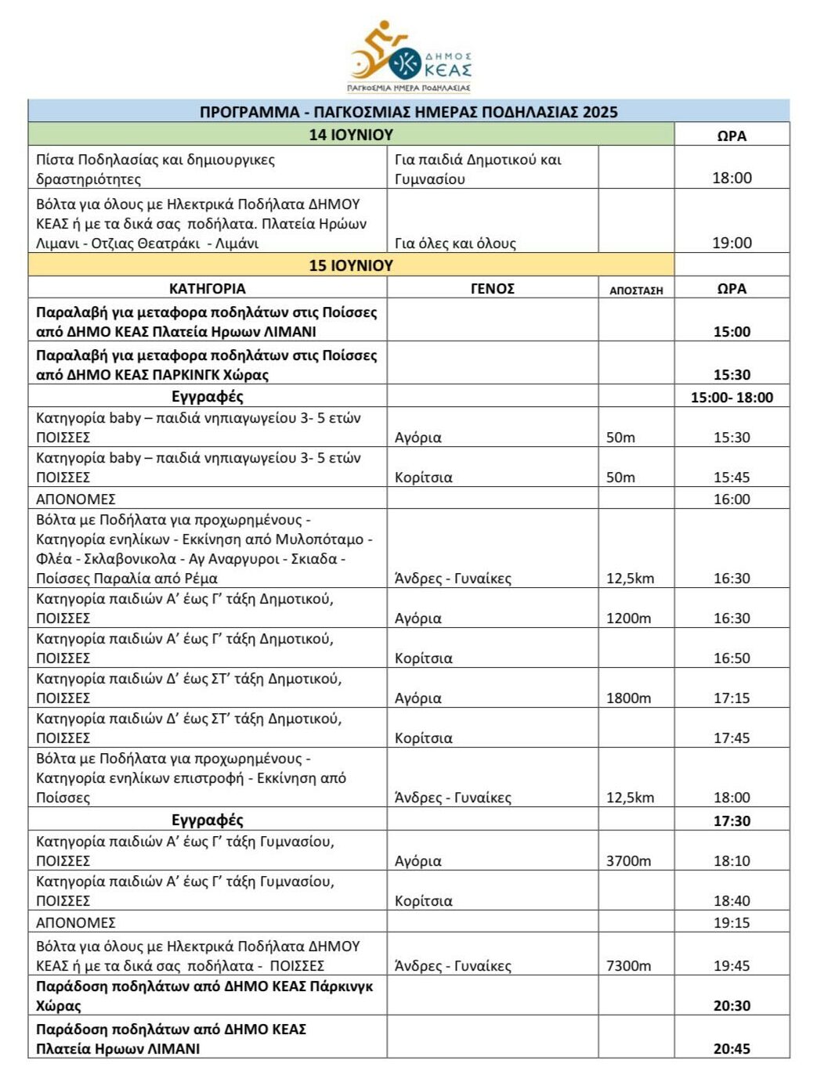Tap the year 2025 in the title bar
point(600,112)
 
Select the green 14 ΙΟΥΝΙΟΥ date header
point(351,135)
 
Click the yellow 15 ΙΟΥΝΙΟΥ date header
point(351,265)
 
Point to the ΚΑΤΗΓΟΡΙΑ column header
point(208,289)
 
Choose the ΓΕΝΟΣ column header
point(492,289)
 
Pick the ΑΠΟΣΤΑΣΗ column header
point(636,290)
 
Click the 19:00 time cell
point(732,243)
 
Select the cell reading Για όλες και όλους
point(455,243)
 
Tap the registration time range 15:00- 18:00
point(732,398)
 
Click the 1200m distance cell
point(628,618)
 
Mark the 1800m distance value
point(628,698)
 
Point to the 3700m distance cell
point(628,861)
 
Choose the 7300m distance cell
point(628,966)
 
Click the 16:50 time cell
point(732,658)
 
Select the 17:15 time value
point(732,698)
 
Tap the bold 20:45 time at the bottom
point(732,1049)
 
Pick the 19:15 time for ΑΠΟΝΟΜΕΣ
point(732,923)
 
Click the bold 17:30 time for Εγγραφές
point(732,821)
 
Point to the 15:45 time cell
point(732,478)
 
